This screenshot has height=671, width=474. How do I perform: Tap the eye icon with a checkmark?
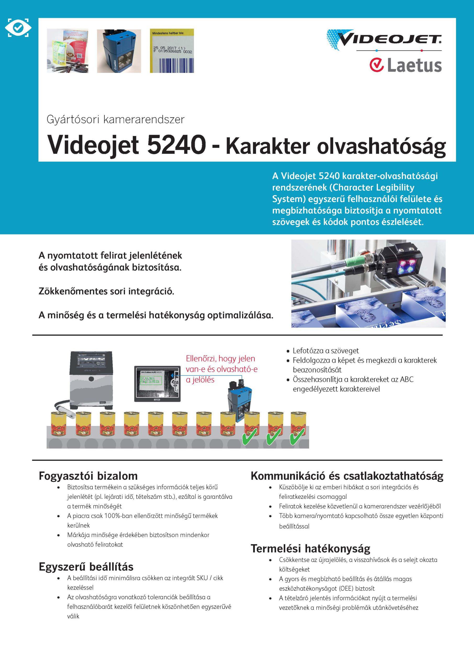pyautogui.click(x=18, y=28)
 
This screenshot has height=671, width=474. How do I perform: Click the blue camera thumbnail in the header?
pyautogui.click(x=119, y=51)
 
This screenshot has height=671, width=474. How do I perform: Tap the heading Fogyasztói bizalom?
pyautogui.click(x=88, y=476)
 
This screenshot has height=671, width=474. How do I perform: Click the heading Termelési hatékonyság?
pyautogui.click(x=310, y=549)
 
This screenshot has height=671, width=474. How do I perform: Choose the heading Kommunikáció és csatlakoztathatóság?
pyautogui.click(x=347, y=476)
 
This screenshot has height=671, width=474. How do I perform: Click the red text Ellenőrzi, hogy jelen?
pyautogui.click(x=220, y=359)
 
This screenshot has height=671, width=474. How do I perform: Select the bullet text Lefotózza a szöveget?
pyautogui.click(x=326, y=351)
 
